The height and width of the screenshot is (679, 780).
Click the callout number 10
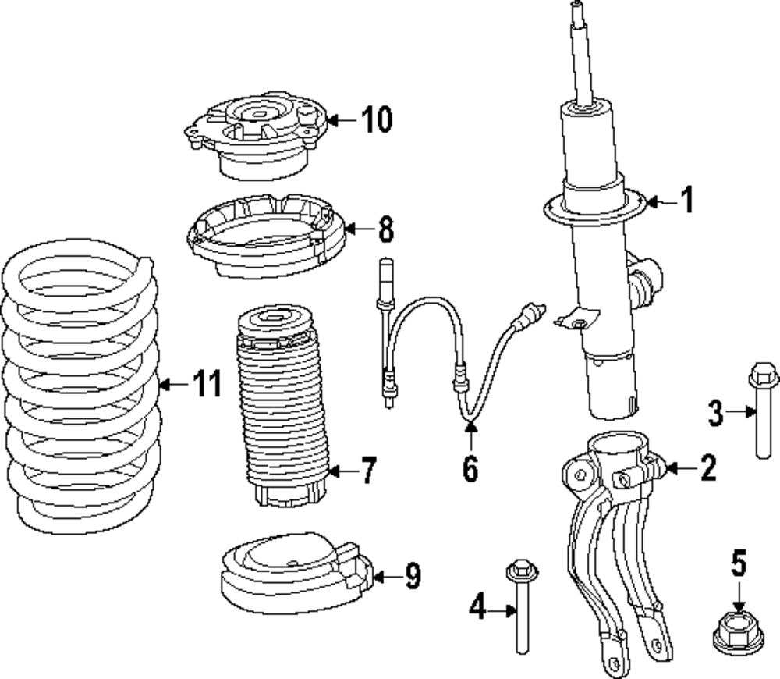pyautogui.click(x=377, y=120)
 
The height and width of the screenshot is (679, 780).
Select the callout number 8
pyautogui.click(x=385, y=229)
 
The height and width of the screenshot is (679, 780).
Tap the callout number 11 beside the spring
pyautogui.click(x=207, y=385)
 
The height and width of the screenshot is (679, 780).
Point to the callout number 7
pyautogui.click(x=367, y=471)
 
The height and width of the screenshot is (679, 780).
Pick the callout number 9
pyautogui.click(x=413, y=577)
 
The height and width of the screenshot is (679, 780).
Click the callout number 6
pyautogui.click(x=470, y=468)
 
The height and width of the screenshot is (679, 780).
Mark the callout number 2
pyautogui.click(x=707, y=468)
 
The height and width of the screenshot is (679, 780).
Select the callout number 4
pyautogui.click(x=477, y=606)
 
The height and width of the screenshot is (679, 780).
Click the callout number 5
pyautogui.click(x=739, y=562)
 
